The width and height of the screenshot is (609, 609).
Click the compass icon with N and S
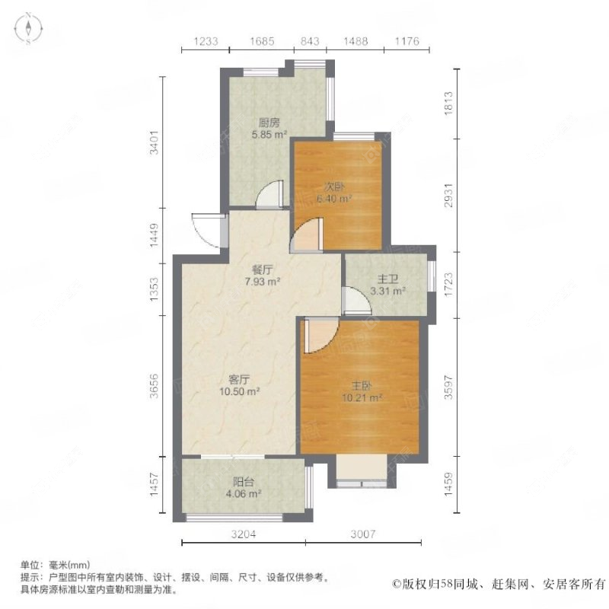[28, 30]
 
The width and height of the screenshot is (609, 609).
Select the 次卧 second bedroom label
[334, 186]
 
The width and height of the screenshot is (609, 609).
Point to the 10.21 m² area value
[362, 397]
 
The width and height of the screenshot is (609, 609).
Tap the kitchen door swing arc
[267, 196]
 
